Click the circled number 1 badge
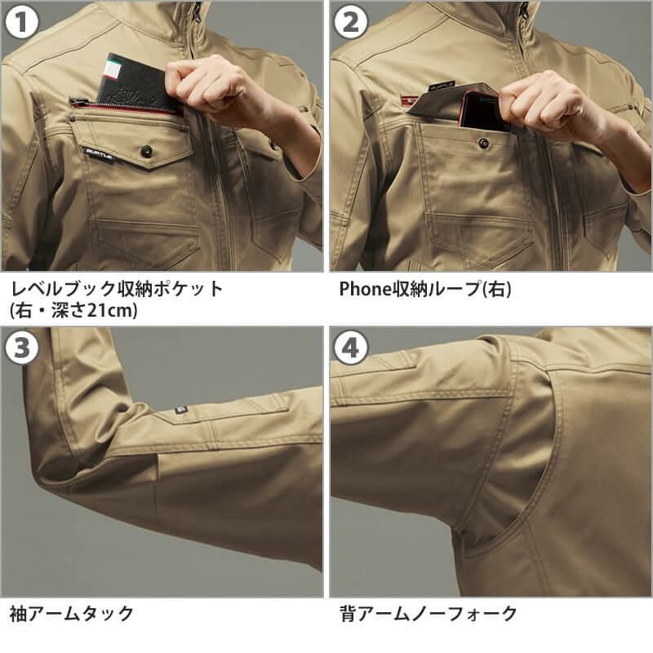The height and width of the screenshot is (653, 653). [x=22, y=22]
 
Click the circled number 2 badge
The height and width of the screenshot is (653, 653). [x=350, y=22]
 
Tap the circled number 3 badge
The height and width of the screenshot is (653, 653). [x=22, y=349]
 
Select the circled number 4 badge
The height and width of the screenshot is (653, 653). [x=350, y=349]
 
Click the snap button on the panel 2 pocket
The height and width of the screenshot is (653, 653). [x=483, y=143]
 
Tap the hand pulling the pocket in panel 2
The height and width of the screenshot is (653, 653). [x=543, y=102]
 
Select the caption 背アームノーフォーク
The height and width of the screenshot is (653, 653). [x=428, y=614]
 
